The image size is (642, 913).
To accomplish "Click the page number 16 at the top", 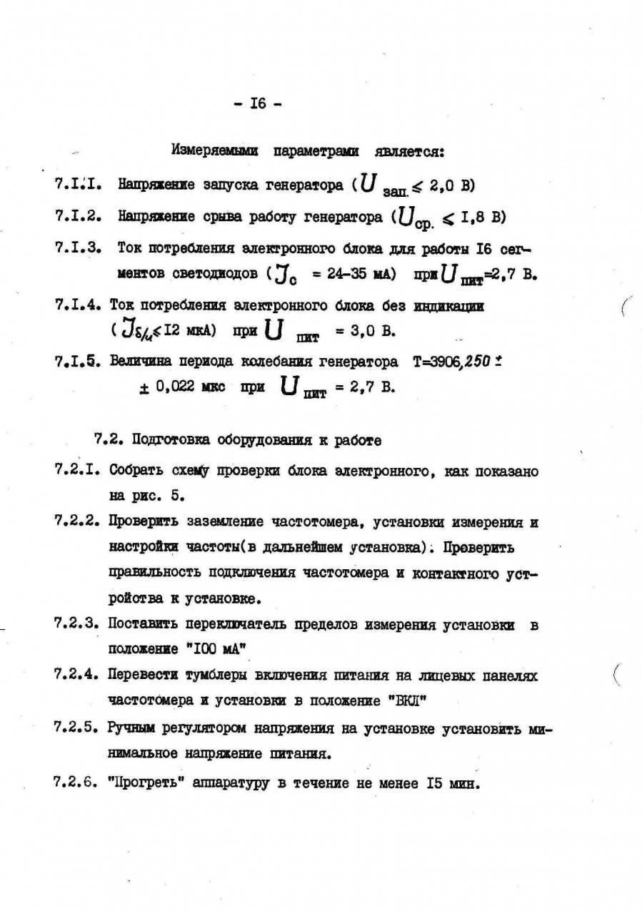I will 257,103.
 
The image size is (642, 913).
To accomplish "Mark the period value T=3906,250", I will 454,362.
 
